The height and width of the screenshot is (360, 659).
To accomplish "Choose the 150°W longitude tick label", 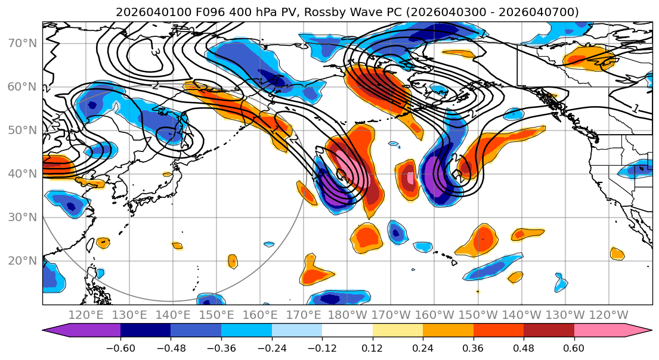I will pyautogui.click(x=478, y=315).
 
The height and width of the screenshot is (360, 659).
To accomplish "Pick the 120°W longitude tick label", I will pyautogui.click(x=608, y=315).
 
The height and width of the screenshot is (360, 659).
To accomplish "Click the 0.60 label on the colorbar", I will pyautogui.click(x=574, y=347).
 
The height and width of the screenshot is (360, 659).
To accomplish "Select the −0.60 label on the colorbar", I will pyautogui.click(x=120, y=347).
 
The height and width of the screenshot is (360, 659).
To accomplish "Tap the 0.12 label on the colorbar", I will pyautogui.click(x=372, y=347).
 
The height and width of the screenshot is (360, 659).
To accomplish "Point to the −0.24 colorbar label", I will pyautogui.click(x=271, y=347).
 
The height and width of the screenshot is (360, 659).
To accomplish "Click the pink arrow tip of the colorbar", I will pyautogui.click(x=644, y=331).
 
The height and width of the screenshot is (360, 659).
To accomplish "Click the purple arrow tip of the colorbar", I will pyautogui.click(x=51, y=331).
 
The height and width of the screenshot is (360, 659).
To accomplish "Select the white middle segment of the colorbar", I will pyautogui.click(x=347, y=331).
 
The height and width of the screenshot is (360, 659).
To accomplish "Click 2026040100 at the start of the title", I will pyautogui.click(x=145, y=12).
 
